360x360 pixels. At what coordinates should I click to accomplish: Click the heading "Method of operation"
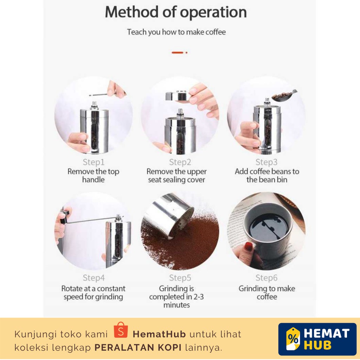176,12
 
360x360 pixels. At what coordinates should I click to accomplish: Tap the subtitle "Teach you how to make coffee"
176,32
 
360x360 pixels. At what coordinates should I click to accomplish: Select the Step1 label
94,162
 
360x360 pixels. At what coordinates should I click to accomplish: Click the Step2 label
180,162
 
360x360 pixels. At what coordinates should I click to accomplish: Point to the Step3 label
266,162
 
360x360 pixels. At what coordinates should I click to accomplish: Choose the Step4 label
94,278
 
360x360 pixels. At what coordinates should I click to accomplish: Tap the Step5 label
180,278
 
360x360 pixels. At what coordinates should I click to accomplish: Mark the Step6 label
266,278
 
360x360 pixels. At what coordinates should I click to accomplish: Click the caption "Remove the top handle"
94,175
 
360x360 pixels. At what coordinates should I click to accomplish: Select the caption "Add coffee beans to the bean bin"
267,175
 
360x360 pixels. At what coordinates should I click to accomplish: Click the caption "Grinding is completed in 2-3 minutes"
176,297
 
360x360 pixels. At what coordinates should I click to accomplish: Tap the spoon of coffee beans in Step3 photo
283,96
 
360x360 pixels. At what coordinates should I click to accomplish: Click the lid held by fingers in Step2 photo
176,96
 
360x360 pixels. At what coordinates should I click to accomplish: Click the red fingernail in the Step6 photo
248,246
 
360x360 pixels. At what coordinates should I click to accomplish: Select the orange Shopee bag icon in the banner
121,330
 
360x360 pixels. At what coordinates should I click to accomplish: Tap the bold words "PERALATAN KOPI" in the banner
138,348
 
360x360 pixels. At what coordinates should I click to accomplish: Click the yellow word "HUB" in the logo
317,345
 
